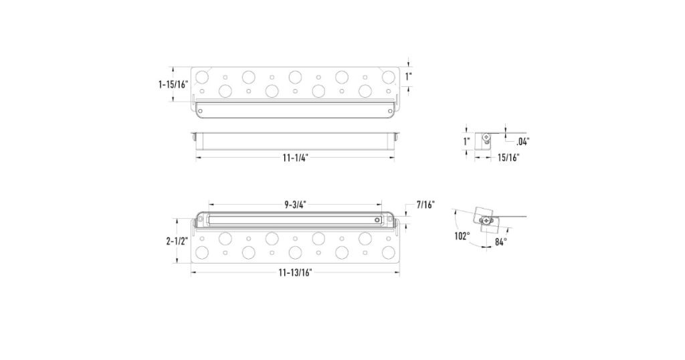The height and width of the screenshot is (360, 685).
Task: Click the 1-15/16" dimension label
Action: click(173, 85)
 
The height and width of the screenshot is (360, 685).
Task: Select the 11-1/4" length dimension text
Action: click(295, 158)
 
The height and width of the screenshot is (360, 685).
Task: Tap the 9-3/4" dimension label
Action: click(295, 205)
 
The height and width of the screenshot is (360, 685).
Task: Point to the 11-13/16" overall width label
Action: click(295, 272)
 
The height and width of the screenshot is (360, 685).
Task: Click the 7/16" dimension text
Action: click(425, 204)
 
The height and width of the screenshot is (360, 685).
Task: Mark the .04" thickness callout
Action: click(523, 141)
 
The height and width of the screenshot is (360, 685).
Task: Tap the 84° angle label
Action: click(500, 241)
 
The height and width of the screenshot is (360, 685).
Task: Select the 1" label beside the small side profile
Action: click(466, 141)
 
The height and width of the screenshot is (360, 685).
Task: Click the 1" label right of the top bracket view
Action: click(409, 77)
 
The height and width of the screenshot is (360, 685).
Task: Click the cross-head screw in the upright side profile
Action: click(486, 139)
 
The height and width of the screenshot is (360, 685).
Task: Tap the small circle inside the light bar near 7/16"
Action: click(378, 219)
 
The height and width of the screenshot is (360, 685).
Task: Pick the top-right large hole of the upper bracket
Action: click(387, 76)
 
